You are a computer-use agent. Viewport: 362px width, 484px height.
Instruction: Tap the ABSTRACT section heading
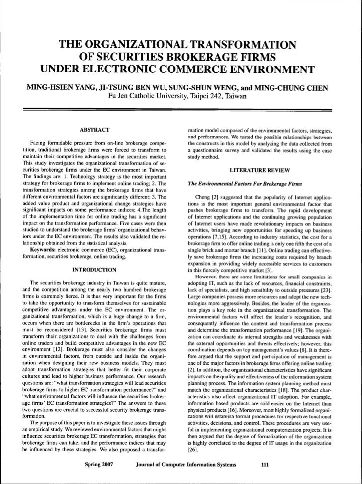(94, 130)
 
